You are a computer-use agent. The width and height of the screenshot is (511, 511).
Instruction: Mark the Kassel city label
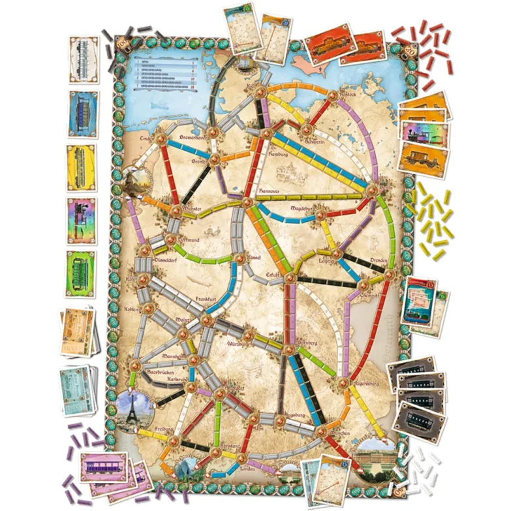[250, 257]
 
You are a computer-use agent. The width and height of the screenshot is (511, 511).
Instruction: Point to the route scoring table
[166, 71]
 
